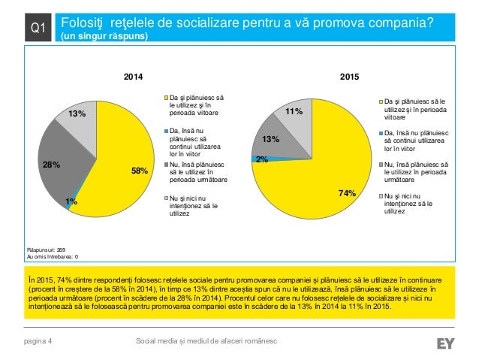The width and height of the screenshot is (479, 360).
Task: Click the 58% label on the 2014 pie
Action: coord(140,171)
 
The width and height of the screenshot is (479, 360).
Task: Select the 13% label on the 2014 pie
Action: coord(77,114)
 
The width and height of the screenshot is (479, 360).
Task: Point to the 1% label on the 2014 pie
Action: coord(70,201)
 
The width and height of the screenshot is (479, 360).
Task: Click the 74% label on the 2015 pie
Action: coord(347,193)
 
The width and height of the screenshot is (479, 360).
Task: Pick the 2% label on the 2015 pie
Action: coord(262,159)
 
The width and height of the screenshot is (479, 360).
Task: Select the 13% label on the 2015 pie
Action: coord(270,139)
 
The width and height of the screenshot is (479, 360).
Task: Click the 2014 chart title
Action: coord(132,77)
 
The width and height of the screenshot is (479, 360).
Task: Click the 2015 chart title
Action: coord(350,77)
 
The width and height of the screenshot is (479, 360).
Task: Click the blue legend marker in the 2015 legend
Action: coord(381,132)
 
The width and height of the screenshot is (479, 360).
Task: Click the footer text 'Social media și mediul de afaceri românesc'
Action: coord(205,343)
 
